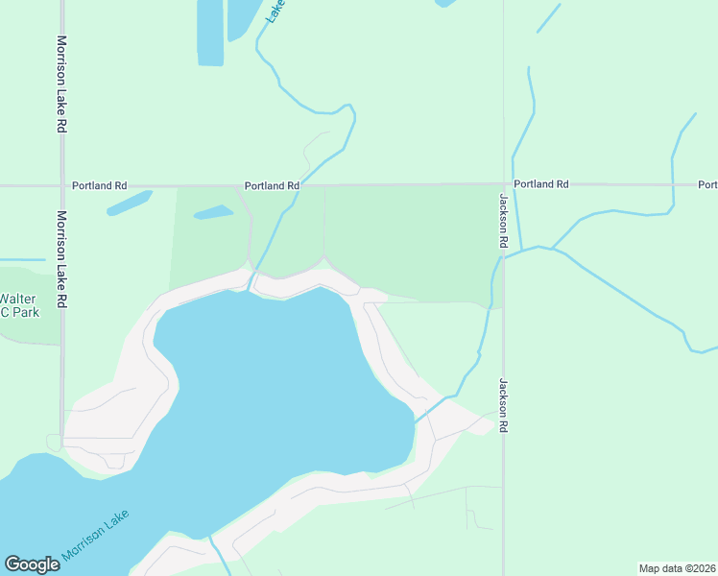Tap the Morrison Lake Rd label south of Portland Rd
61,258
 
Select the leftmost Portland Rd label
99,185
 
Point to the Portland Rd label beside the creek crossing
272,185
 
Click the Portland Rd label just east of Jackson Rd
540,183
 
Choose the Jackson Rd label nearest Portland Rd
502,221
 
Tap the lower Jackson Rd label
502,404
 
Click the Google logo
32,564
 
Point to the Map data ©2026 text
677,568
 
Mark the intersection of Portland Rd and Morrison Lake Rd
61,185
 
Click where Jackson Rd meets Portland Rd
503,183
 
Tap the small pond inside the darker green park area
213,212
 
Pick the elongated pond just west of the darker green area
130,204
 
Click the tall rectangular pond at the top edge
210,32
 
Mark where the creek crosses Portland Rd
296,185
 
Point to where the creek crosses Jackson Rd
503,255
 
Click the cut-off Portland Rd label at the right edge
707,184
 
